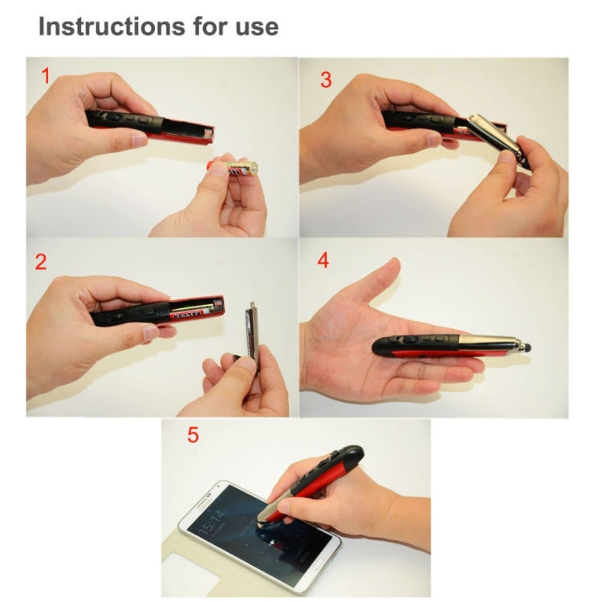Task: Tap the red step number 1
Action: pos(47,76)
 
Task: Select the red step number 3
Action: pos(325,79)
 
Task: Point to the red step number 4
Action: pos(323,261)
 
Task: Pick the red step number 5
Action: pos(193,436)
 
